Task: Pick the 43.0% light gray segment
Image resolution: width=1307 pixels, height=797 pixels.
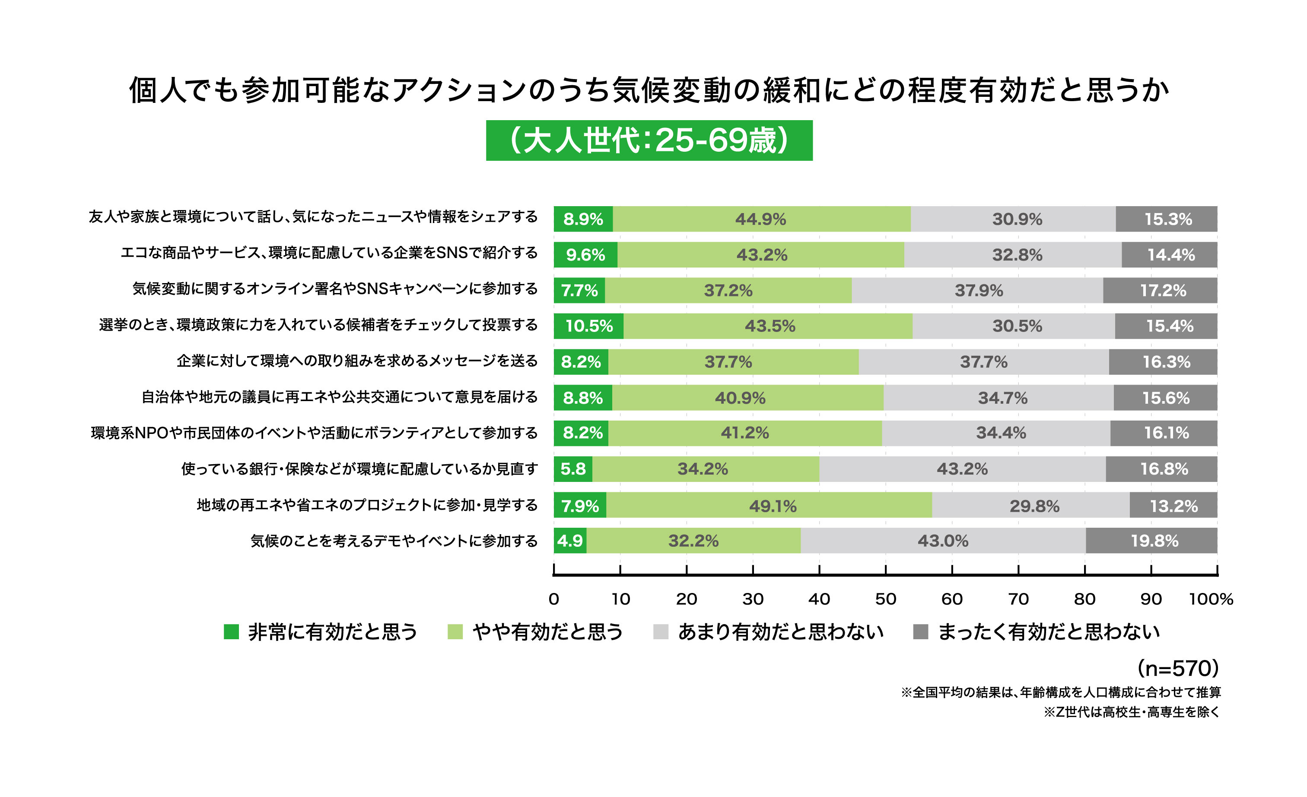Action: coord(943,541)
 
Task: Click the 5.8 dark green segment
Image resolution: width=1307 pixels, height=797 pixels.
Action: coord(573,469)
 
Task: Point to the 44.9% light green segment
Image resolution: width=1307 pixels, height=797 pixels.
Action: coord(761,219)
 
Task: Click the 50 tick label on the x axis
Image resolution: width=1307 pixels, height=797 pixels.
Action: coord(885,599)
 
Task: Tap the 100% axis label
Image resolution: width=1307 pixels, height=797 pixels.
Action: coord(1211,599)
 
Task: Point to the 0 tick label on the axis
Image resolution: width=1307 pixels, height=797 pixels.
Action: coord(554,599)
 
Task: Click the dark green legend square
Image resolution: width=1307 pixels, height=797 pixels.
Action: coord(231,631)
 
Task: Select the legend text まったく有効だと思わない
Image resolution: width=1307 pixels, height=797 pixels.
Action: coord(1049,631)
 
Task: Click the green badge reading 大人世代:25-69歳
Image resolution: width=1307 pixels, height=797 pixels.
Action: coord(649,140)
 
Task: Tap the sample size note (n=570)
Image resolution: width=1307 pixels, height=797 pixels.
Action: coord(1178,669)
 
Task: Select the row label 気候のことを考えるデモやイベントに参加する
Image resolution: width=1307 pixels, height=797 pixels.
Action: coord(394,541)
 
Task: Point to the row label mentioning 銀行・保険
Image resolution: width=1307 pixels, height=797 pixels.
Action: coord(359,469)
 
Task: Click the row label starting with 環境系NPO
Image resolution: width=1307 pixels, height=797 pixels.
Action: coord(314,433)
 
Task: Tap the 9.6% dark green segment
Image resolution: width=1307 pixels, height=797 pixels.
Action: coord(585,255)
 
